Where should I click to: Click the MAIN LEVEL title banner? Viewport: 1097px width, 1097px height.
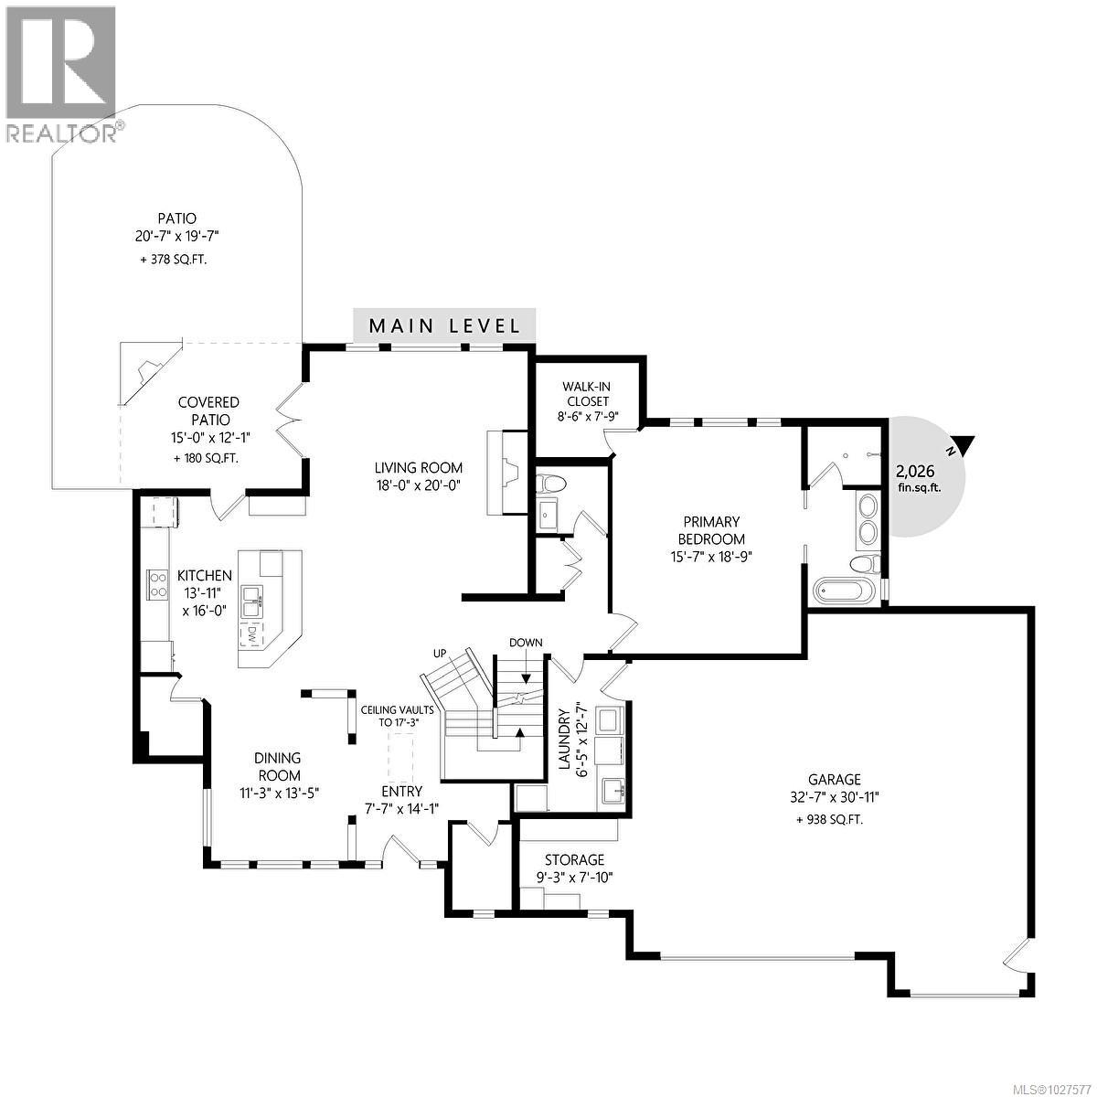click(x=444, y=325)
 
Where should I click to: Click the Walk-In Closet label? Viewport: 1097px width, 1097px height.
click(x=587, y=393)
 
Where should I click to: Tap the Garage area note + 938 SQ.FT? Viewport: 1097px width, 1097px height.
click(x=829, y=820)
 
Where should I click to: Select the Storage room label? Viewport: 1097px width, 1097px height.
click(x=574, y=859)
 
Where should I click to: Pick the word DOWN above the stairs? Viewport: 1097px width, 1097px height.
click(x=527, y=643)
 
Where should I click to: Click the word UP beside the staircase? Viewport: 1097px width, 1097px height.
click(x=439, y=654)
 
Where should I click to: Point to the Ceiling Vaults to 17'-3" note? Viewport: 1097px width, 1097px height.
click(x=389, y=716)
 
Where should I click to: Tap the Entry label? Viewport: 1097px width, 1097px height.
click(x=401, y=792)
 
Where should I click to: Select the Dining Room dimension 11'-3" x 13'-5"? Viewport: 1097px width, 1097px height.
click(x=279, y=793)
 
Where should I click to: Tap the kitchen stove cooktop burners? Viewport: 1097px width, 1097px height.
click(x=156, y=584)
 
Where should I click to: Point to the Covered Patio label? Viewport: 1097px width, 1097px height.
click(x=208, y=410)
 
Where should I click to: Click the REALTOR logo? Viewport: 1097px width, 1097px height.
click(x=60, y=73)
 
